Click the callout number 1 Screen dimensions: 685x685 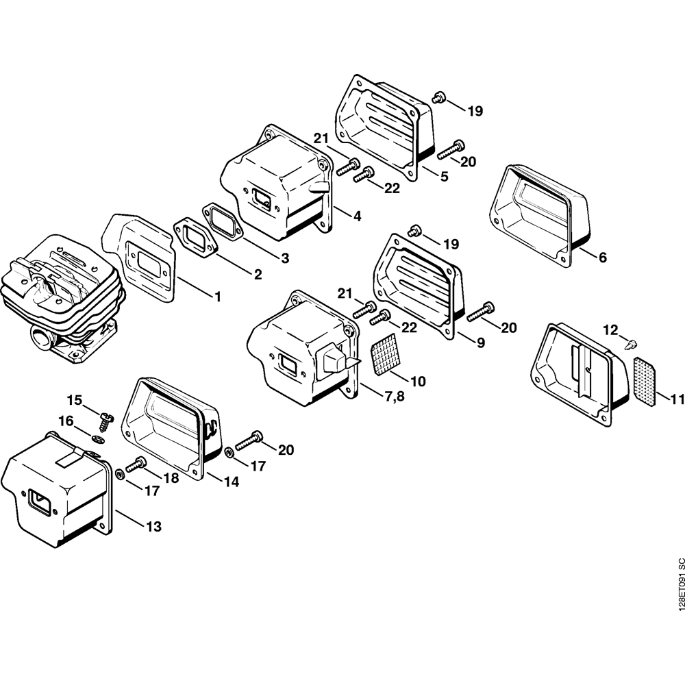click(218, 297)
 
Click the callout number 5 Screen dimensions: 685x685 click(444, 177)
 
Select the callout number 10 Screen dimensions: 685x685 click(417, 379)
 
